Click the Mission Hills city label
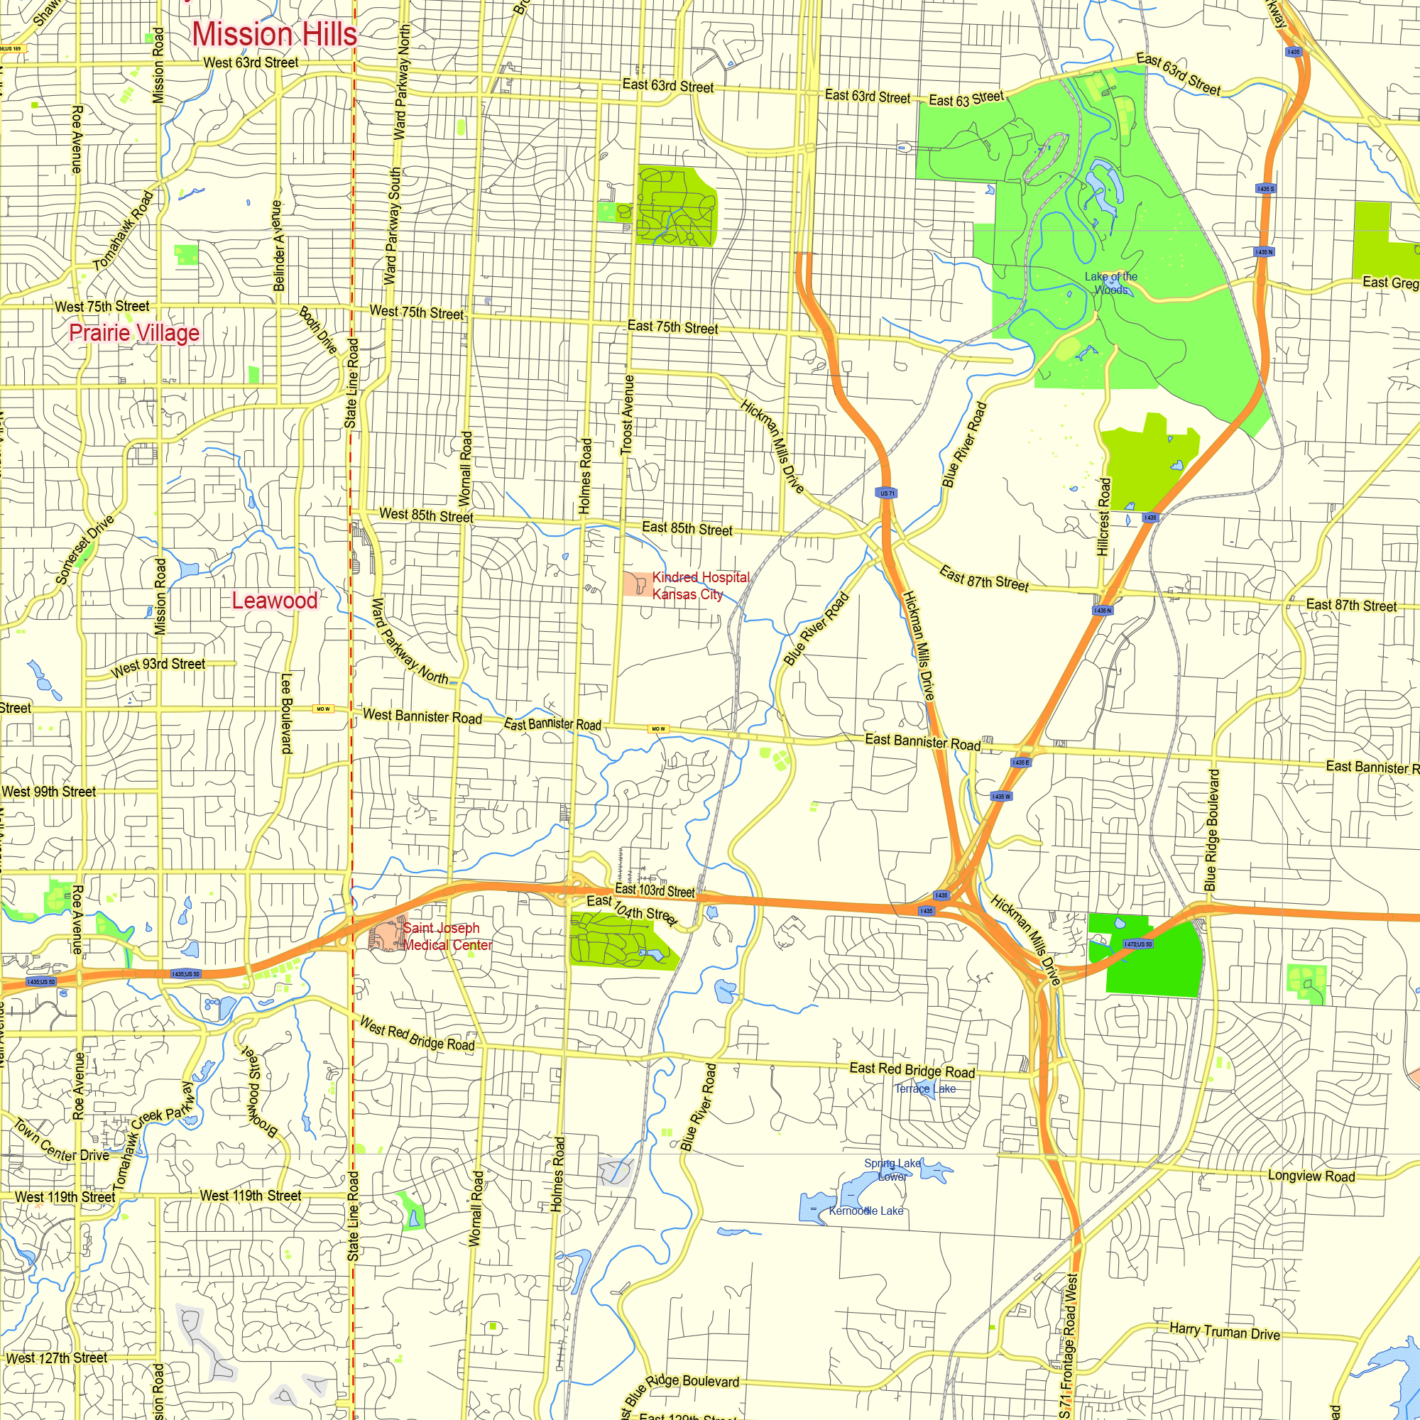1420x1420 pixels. [x=274, y=35]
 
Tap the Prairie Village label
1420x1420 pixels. [x=134, y=333]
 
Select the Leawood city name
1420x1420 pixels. [x=275, y=601]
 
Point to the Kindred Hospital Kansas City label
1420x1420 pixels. [x=700, y=586]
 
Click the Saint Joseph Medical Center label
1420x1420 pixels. [x=447, y=936]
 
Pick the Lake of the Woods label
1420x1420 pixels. [x=1110, y=283]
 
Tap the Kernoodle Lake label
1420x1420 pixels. [x=865, y=1211]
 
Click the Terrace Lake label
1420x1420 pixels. [x=924, y=1088]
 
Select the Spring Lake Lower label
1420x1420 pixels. [x=892, y=1169]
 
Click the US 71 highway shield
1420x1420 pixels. [x=887, y=493]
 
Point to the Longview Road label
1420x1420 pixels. [x=1311, y=1176]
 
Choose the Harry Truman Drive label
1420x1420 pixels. [x=1225, y=1331]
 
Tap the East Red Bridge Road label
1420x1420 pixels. [x=912, y=1070]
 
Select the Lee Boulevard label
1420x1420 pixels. [x=287, y=714]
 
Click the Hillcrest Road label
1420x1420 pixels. [x=1103, y=517]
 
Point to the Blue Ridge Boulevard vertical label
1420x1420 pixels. [x=1211, y=831]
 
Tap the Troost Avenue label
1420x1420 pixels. [x=627, y=415]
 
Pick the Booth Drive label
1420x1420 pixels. [x=318, y=330]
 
